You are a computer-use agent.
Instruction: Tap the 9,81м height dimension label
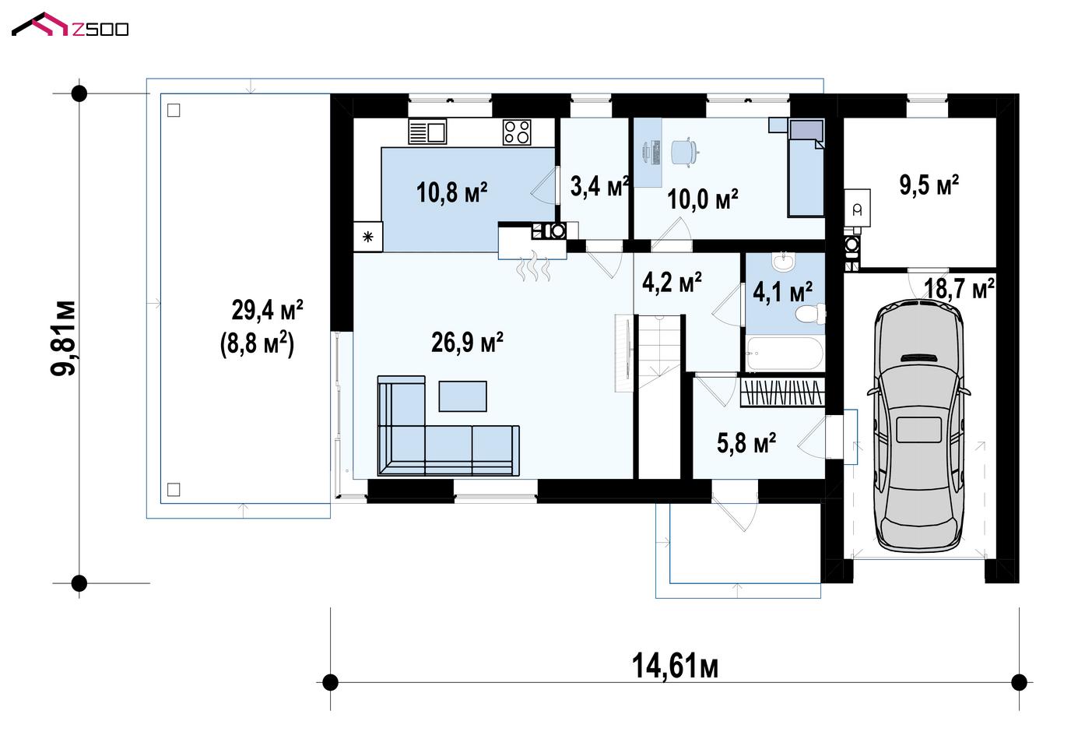(64, 338)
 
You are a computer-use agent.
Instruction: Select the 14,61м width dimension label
(675, 667)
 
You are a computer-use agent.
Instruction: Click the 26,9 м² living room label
(467, 342)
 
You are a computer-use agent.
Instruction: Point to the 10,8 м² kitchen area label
(452, 192)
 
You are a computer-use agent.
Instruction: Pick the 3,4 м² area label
(599, 186)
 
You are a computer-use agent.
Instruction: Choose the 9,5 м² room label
(929, 185)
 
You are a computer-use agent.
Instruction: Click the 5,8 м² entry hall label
(746, 443)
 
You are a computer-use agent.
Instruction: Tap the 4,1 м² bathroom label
(782, 292)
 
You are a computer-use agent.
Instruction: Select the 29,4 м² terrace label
(267, 310)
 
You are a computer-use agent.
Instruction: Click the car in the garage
(918, 425)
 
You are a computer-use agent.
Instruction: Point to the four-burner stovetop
(517, 132)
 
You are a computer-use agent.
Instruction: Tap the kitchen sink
(427, 132)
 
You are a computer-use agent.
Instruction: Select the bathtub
(785, 354)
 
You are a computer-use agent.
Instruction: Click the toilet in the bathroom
(811, 314)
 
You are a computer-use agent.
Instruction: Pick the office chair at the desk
(684, 153)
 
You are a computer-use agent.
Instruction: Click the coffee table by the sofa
(462, 396)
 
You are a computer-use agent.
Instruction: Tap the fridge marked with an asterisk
(367, 237)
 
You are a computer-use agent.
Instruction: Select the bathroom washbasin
(784, 262)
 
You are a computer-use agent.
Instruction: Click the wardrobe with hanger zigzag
(782, 392)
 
